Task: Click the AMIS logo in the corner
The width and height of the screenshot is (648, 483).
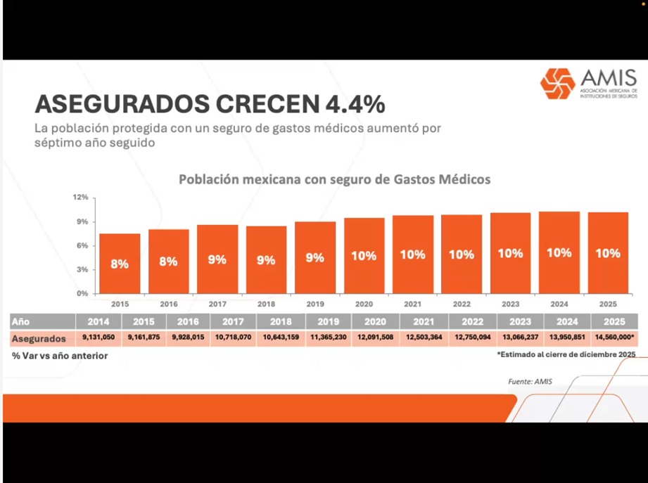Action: (x=588, y=84)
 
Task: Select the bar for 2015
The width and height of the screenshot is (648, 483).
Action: (x=120, y=264)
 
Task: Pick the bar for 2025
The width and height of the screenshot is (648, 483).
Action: (x=608, y=252)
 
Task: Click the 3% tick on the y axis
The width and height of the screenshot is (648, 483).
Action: (x=82, y=269)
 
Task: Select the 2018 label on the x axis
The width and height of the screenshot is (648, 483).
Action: (x=266, y=304)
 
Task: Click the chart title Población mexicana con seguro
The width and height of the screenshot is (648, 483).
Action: (x=334, y=179)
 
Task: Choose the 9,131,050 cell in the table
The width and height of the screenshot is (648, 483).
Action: (x=98, y=338)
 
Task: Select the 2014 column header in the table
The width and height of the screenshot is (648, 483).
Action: (x=98, y=321)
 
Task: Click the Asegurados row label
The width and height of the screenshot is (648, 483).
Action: (x=39, y=338)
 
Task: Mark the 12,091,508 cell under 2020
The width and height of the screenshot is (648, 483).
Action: (x=375, y=338)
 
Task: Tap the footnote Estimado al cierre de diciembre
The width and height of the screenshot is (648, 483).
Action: (x=566, y=354)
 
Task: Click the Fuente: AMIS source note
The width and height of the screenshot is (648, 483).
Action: (x=530, y=382)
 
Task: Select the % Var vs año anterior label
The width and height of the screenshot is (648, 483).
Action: (x=60, y=356)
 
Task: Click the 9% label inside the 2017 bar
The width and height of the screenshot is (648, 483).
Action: (x=217, y=259)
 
